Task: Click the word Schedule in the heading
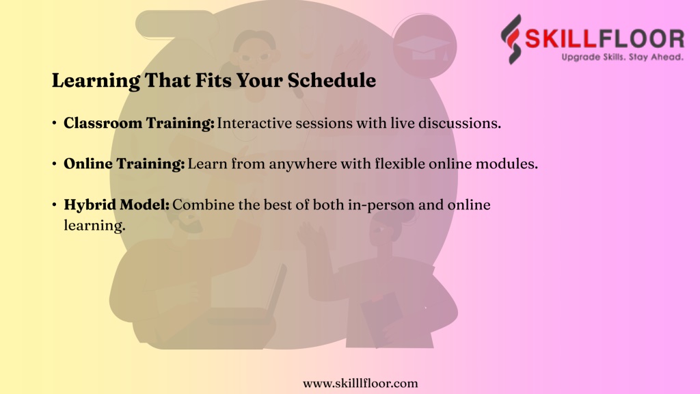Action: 332,81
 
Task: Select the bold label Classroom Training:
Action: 139,123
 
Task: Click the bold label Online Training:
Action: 124,164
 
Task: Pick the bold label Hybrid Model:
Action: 116,205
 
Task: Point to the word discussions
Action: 459,123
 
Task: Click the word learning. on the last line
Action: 94,226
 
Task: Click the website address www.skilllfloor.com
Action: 360,383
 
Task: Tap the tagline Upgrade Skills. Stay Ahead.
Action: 622,57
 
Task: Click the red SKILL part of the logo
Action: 561,38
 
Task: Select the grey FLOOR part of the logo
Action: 641,38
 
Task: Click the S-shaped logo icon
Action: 511,39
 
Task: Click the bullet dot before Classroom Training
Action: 54,123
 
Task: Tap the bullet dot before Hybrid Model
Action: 54,205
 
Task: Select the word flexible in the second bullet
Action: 400,163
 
